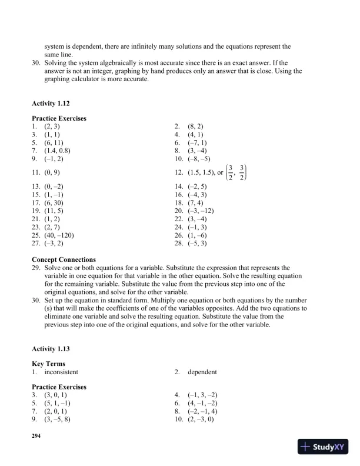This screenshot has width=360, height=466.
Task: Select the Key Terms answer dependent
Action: pyautogui.click(x=204, y=372)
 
